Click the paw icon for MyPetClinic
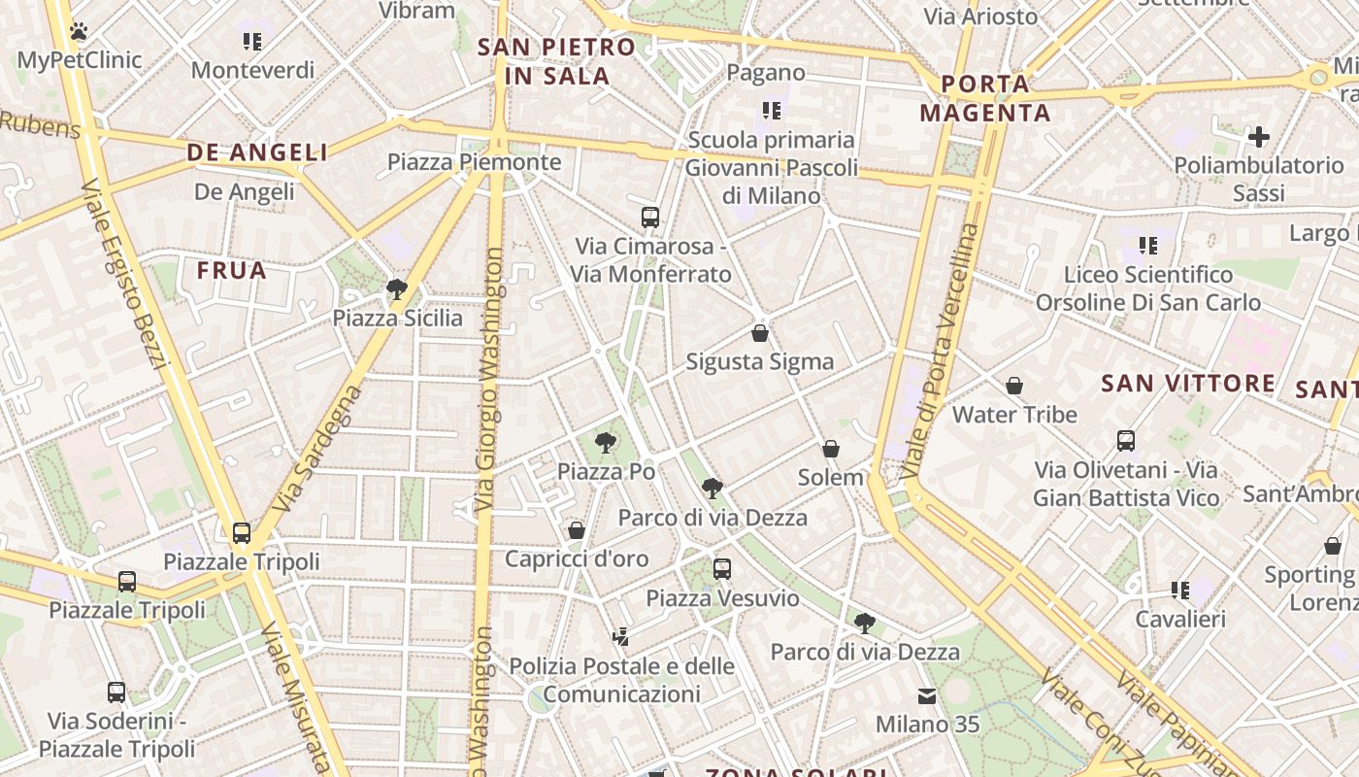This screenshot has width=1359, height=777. [79, 31]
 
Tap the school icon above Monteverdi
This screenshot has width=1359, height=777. [252, 42]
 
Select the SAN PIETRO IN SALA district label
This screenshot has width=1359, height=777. [557, 61]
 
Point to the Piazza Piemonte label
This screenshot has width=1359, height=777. [475, 162]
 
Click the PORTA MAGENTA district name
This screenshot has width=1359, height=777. [985, 98]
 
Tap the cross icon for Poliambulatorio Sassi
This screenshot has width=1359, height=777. [1259, 137]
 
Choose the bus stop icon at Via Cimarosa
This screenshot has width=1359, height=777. [650, 218]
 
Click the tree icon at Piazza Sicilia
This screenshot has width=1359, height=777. [396, 289]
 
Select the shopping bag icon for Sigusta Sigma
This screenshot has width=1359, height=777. [760, 333]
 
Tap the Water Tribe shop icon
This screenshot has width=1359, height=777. [1014, 387]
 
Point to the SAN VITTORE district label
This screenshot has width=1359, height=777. [1188, 384]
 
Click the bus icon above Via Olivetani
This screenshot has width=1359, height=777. [1126, 441]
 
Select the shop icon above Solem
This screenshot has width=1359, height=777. [831, 449]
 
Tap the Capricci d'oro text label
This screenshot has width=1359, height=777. [577, 558]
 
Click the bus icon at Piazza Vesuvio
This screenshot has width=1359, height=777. [722, 569]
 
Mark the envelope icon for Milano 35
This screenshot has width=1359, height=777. [927, 696]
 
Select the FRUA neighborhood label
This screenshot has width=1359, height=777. [232, 271]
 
